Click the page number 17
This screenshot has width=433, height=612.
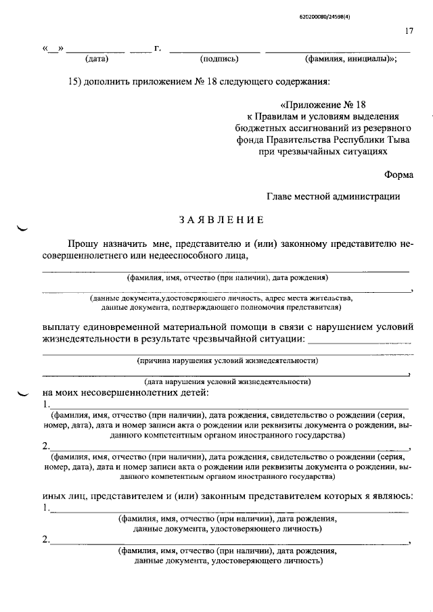tap(409, 31)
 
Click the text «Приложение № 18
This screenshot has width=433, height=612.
tap(322, 105)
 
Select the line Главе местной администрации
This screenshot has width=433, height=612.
tap(334, 196)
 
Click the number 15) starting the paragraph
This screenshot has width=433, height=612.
tap(75, 82)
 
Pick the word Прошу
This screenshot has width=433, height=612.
tap(82, 243)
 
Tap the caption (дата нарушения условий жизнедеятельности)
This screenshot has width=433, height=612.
tap(227, 381)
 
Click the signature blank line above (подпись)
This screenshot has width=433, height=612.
tap(214, 51)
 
